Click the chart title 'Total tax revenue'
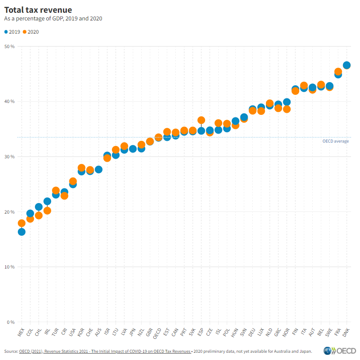click(38, 9)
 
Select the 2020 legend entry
click(31, 31)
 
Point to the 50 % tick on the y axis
click(10, 46)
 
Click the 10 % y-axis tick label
click(10, 267)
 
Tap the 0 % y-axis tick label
click(11, 322)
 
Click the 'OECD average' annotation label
click(335, 141)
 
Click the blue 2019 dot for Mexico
click(21, 232)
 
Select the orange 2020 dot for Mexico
click(21, 223)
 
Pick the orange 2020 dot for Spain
click(201, 120)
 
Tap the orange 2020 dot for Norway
click(287, 109)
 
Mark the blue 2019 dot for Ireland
click(47, 201)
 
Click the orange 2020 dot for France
click(338, 71)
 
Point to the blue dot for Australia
click(98, 169)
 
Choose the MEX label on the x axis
click(20, 332)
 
